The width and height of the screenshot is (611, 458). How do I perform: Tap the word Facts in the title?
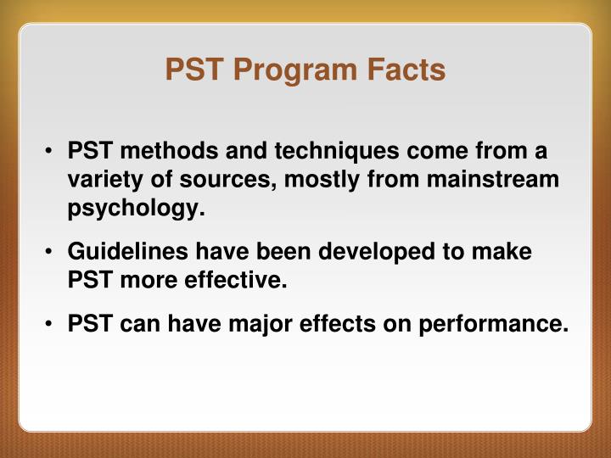(x=406, y=70)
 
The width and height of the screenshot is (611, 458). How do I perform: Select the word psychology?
(x=137, y=209)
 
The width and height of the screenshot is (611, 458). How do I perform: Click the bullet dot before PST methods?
(x=53, y=153)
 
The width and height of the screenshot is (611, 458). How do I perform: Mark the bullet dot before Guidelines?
(x=53, y=253)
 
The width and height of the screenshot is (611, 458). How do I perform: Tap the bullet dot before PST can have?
(x=53, y=324)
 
